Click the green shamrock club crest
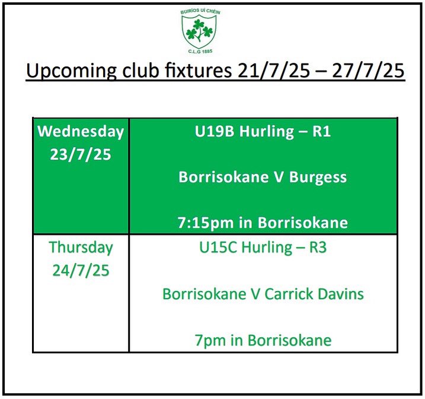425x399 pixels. click(x=199, y=31)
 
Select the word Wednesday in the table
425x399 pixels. click(x=81, y=132)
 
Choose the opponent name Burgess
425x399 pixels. click(x=318, y=177)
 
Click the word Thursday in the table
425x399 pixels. click(x=81, y=247)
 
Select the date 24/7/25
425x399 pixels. click(x=81, y=270)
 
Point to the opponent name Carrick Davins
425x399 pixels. click(x=314, y=294)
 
